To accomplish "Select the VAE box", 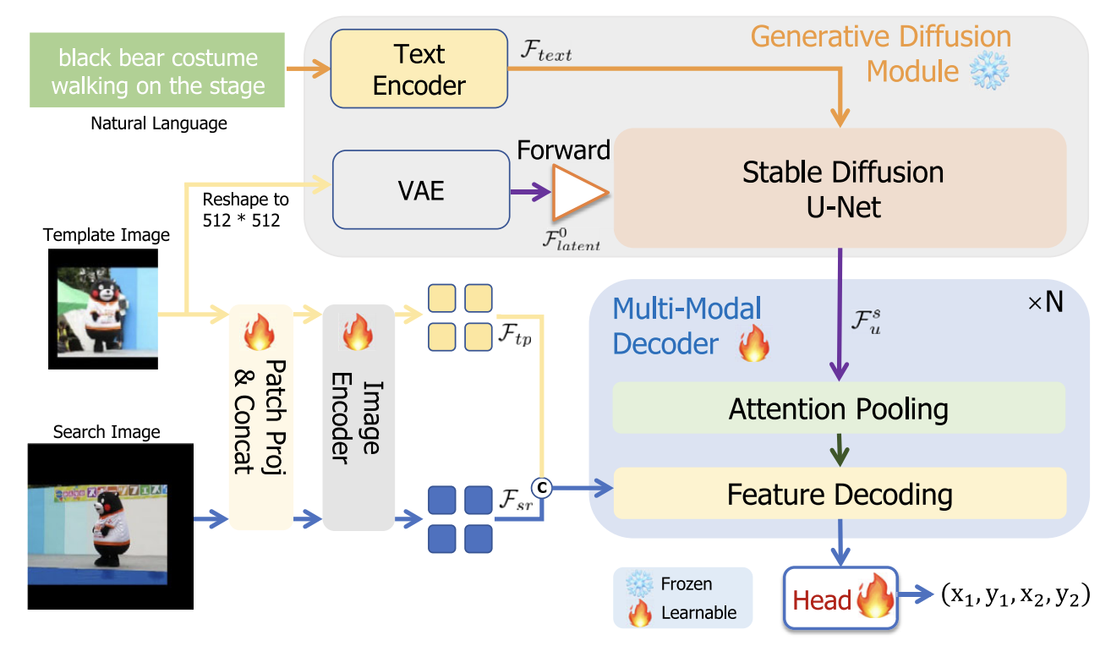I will tap(421, 190).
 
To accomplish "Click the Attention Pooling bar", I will tap(838, 409).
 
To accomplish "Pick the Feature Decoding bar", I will tap(839, 494).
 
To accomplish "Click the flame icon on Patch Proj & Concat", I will tap(260, 333).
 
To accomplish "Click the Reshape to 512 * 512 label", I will tap(245, 211).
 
